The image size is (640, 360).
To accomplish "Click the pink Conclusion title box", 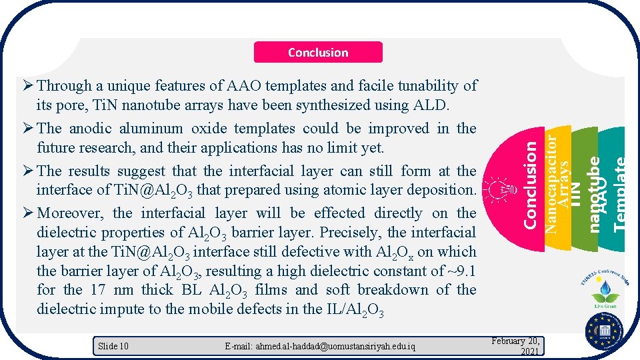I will (318, 52).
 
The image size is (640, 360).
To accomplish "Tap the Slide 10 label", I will (113, 345).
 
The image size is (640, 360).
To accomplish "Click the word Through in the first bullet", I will (65, 85).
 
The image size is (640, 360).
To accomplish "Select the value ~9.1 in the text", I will (460, 271).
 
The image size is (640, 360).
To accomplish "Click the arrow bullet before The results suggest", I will (27, 171).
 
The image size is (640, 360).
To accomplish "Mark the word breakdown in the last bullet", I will (397, 290).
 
